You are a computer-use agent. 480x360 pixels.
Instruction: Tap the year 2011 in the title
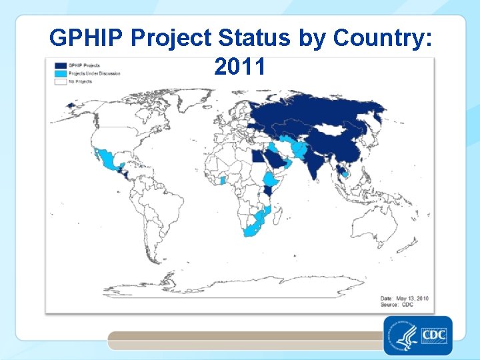click(240, 67)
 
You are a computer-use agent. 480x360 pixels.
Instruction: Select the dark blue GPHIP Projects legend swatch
click(60, 65)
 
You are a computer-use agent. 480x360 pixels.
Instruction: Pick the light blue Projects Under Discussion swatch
click(60, 73)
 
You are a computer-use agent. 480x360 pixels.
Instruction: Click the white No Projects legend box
click(60, 81)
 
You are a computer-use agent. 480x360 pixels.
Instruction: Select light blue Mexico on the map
click(107, 160)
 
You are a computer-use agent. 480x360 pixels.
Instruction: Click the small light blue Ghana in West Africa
click(223, 180)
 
